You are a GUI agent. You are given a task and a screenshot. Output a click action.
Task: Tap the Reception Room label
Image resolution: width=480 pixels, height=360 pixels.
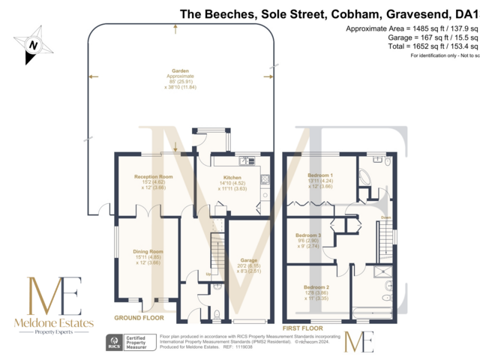(153, 177)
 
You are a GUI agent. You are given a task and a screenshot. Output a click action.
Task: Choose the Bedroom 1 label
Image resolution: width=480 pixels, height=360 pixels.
(320, 175)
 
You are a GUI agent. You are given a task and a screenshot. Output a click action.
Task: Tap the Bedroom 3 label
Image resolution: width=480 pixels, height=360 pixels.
(309, 235)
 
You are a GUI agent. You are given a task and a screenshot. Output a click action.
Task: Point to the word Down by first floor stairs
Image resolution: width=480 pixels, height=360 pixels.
(387, 219)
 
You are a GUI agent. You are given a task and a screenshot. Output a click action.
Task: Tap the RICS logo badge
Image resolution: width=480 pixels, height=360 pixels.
(116, 343)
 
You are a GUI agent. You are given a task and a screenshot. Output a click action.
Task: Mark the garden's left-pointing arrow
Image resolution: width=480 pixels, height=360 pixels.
(92, 76)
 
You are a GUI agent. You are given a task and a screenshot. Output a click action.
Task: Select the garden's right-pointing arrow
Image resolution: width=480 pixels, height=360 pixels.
(267, 76)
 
